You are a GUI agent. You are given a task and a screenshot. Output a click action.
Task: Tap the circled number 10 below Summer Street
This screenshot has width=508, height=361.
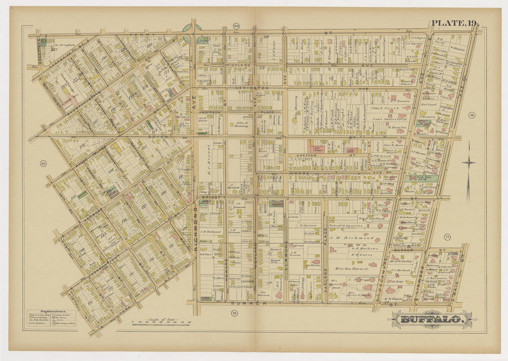(234, 313)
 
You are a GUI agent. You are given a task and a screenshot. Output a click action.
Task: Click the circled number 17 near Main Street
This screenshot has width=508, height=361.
(447, 237)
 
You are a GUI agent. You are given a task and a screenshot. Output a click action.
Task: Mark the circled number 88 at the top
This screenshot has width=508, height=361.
(236, 26)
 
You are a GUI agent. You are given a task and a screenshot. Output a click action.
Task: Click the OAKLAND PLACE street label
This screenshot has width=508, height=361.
(325, 273)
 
